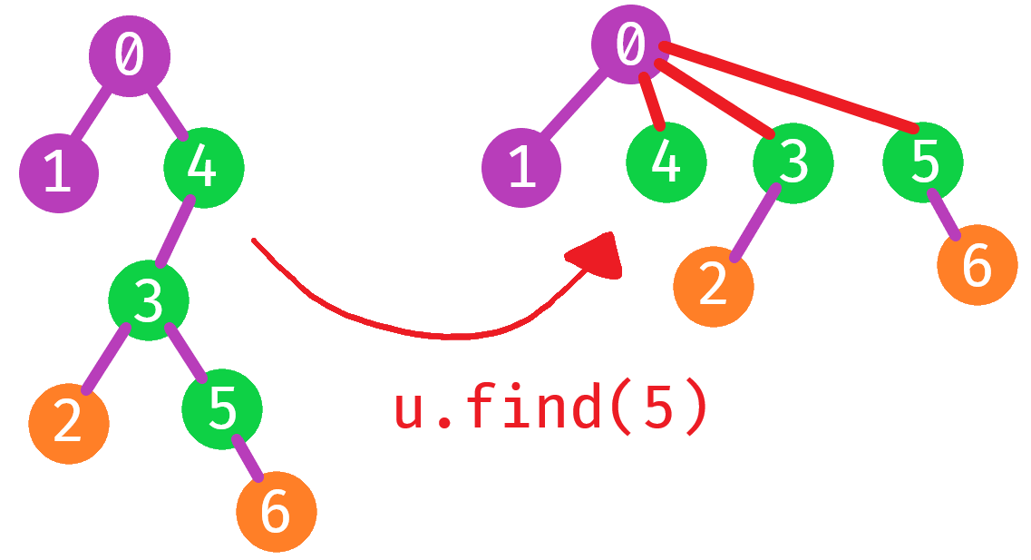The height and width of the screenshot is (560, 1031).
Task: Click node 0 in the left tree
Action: tap(129, 55)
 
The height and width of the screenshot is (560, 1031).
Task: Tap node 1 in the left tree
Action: tap(59, 172)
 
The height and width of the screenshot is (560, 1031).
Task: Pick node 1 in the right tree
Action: tap(521, 168)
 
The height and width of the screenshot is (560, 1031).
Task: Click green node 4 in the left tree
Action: tap(203, 168)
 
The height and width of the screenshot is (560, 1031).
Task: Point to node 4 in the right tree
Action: tap(666, 163)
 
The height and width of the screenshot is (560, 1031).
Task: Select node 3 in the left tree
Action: tap(149, 300)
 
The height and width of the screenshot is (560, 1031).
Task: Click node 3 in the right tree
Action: tap(793, 163)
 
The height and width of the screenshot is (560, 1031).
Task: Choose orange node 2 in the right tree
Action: tap(713, 286)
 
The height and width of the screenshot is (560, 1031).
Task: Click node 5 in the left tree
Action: tap(222, 409)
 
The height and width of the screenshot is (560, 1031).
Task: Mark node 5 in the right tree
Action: tap(923, 162)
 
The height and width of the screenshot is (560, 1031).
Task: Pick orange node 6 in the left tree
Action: tap(276, 512)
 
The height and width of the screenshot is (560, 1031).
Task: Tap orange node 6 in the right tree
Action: tap(977, 266)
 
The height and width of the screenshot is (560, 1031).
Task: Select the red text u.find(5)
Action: tap(550, 408)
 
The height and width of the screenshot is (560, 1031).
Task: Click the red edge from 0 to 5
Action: tap(789, 86)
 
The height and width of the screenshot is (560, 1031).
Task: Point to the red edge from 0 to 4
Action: tap(652, 102)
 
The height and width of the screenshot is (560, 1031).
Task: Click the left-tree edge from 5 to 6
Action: tap(247, 459)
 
